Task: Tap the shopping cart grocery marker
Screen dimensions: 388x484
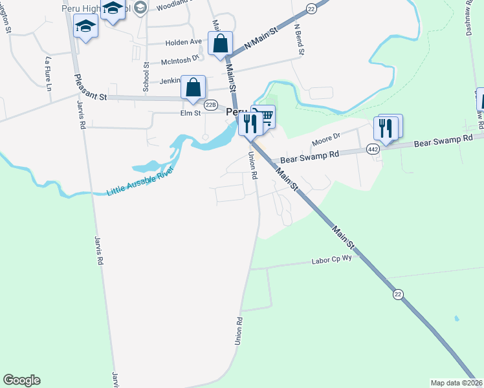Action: (x=264, y=117)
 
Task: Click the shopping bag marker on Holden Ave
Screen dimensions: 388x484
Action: (x=220, y=44)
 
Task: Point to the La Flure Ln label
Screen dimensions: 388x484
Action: (x=48, y=74)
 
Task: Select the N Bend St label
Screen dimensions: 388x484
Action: (x=298, y=39)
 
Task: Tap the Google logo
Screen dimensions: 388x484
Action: (x=21, y=380)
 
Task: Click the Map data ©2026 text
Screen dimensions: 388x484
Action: (x=457, y=383)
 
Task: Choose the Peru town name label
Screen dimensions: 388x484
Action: (x=236, y=112)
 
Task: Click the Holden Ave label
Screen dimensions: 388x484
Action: (x=184, y=42)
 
